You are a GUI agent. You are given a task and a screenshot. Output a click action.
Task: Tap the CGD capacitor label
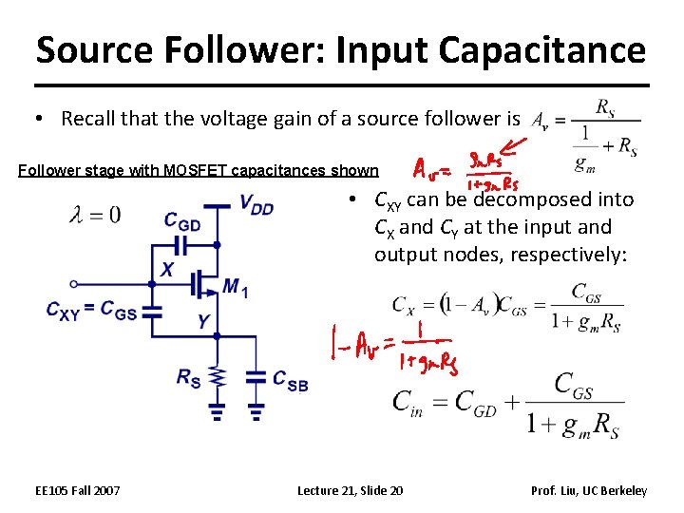182,221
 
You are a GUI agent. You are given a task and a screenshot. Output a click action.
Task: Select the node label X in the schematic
166,270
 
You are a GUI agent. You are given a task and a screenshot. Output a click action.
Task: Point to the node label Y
203,321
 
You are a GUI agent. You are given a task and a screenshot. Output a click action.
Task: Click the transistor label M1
236,286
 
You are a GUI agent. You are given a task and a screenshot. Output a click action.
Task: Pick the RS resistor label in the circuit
189,377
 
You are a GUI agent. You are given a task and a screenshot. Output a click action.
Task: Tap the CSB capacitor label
290,379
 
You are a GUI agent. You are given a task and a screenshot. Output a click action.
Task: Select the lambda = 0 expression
95,215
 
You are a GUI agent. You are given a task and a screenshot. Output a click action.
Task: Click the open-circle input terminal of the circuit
74,283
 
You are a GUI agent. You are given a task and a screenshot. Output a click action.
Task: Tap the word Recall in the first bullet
90,119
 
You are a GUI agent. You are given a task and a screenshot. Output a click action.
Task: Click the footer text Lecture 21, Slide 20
350,490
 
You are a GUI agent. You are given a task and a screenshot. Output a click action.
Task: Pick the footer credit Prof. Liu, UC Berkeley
589,490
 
